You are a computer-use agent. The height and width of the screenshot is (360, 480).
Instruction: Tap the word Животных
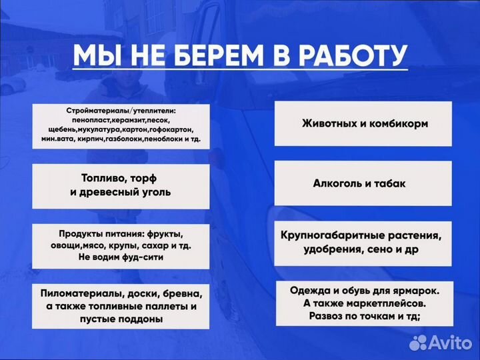(x=327, y=123)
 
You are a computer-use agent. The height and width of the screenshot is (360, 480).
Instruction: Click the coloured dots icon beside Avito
(x=418, y=343)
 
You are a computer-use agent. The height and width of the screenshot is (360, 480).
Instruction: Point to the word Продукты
(x=81, y=235)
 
